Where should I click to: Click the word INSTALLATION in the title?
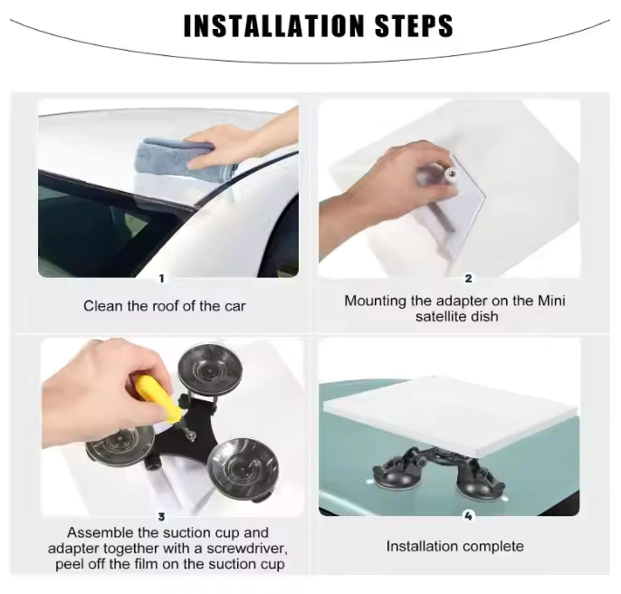[273, 26]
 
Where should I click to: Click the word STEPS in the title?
[414, 26]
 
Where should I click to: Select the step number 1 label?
[161, 279]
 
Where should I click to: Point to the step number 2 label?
[468, 279]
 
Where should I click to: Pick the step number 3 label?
[161, 517]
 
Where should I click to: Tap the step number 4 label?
[468, 516]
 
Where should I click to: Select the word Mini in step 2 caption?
[551, 301]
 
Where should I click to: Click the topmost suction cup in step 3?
[209, 368]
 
